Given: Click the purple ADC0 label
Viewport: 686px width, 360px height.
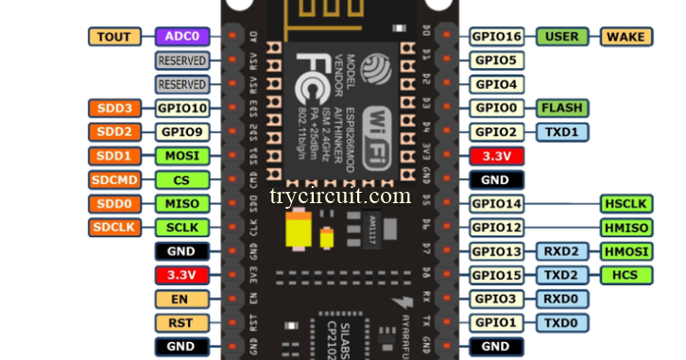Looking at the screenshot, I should coord(180,37).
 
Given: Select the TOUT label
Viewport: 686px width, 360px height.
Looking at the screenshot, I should coord(113,37).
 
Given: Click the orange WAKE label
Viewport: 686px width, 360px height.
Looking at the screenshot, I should coord(626,37).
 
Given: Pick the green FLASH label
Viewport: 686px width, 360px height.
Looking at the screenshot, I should coord(562,108).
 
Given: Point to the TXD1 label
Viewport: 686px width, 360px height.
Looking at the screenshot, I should coord(562,131).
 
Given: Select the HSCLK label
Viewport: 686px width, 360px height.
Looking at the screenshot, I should coord(626,203).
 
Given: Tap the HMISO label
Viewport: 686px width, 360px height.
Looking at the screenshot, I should coord(626,228).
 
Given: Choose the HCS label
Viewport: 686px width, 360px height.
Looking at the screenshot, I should coord(626,275).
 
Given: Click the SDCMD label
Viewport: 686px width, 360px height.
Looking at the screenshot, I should coord(113,180).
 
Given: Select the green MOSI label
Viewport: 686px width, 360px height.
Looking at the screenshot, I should coord(180,156).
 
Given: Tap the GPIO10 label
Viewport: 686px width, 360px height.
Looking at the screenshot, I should coord(180,108).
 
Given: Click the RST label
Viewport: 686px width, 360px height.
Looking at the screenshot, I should coord(180,323).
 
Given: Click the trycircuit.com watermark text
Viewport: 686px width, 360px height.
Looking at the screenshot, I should coord(340,197).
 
